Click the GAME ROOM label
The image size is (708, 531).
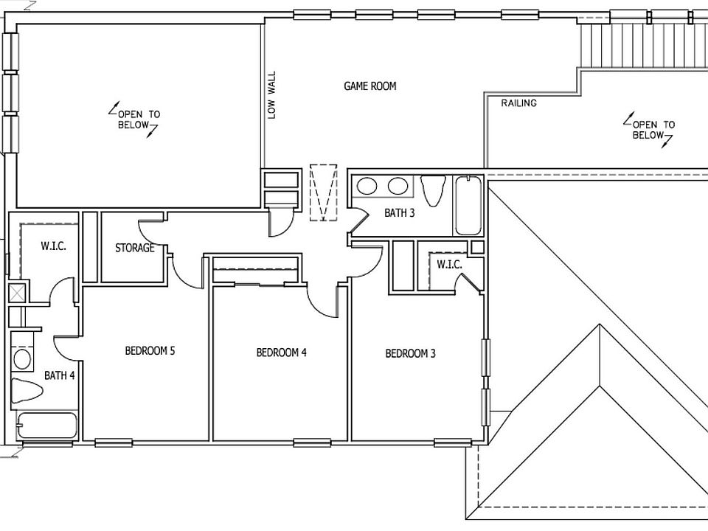click(369, 86)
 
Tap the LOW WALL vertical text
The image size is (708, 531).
click(271, 95)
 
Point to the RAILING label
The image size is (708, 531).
click(518, 103)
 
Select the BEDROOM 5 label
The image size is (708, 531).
click(150, 350)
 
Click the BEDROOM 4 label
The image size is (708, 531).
click(281, 353)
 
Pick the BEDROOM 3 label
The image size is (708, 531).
click(410, 353)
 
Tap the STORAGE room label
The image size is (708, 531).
click(134, 248)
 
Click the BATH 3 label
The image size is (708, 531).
click(399, 212)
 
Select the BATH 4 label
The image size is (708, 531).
click(59, 375)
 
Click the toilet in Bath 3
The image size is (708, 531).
click(433, 190)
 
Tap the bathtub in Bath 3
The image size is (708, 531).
click(468, 206)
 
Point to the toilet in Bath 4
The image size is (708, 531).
click(27, 391)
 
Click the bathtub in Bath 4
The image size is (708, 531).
click(47, 426)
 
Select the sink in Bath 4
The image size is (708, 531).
click(21, 359)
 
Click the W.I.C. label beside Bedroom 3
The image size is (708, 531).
click(449, 265)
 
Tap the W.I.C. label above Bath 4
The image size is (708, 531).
click(53, 246)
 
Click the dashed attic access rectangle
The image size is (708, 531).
click(323, 192)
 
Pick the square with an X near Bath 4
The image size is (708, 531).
click(17, 293)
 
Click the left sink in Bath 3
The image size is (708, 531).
click(367, 186)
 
